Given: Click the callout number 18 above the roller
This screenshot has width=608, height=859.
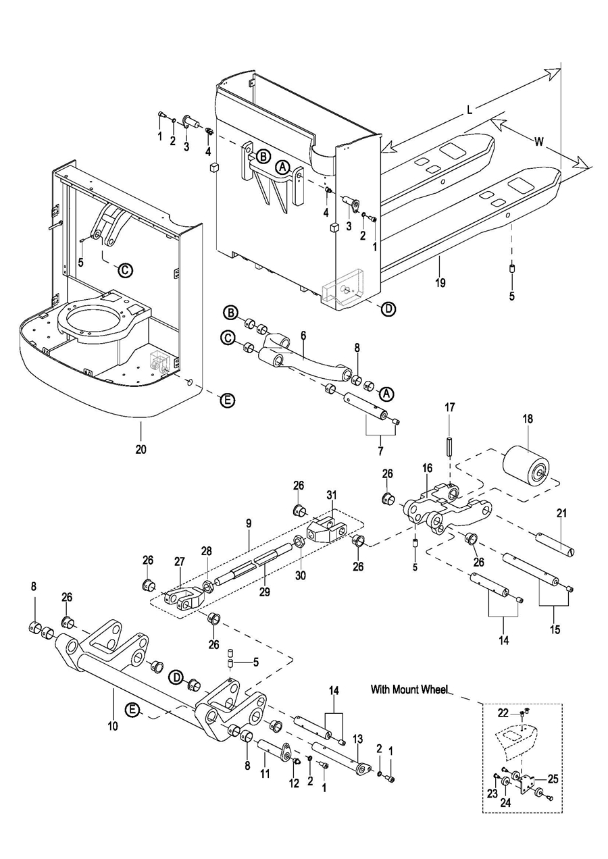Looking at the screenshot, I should click(528, 419).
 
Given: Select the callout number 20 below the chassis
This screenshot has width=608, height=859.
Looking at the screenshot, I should click(141, 448).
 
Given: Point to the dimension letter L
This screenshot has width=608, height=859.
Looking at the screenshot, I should click(469, 111).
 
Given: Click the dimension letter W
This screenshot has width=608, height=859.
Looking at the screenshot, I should click(538, 142).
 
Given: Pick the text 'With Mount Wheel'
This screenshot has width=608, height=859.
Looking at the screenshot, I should click(409, 689).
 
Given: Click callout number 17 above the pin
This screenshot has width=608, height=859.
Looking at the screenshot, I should click(450, 407).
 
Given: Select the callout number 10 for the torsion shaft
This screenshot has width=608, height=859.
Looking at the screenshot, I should click(112, 726).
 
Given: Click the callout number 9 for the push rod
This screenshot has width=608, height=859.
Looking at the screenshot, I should click(249, 523).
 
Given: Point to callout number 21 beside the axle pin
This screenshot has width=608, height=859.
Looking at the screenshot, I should click(560, 514).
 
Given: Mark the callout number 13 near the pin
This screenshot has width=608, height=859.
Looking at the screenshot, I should click(358, 737).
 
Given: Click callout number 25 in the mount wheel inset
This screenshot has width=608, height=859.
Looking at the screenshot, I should click(553, 779).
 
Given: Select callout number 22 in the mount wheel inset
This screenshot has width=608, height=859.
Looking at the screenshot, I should click(503, 713).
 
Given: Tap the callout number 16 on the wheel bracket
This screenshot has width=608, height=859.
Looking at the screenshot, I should click(427, 467).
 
